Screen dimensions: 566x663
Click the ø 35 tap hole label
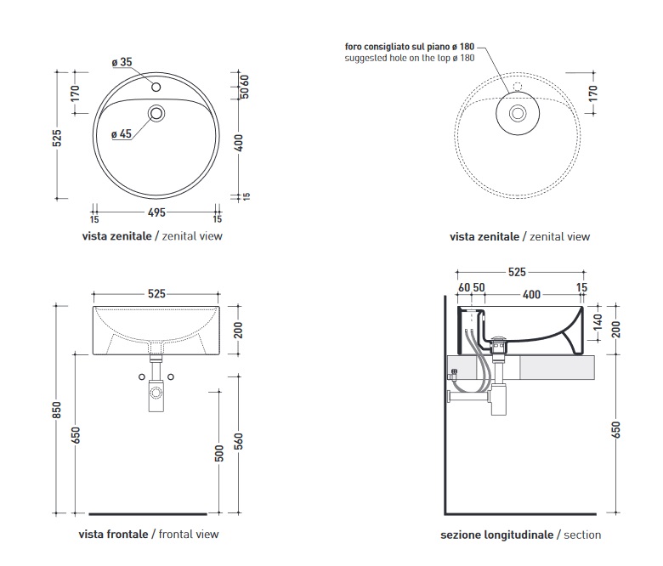pyautogui.click(x=122, y=62)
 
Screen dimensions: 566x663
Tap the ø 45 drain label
pyautogui.click(x=121, y=133)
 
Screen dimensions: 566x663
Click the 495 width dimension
pyautogui.click(x=156, y=212)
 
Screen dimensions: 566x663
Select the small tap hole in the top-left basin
pyautogui.click(x=156, y=87)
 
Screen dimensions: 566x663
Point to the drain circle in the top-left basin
pyautogui.click(x=156, y=113)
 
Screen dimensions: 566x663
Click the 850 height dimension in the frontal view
pyautogui.click(x=56, y=410)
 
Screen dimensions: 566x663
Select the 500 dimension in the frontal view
pyautogui.click(x=219, y=455)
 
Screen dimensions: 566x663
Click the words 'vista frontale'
pyautogui.click(x=113, y=535)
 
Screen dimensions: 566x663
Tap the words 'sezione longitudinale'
pyautogui.click(x=496, y=535)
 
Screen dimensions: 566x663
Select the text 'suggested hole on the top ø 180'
pyautogui.click(x=410, y=58)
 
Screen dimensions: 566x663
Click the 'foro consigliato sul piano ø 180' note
pyautogui.click(x=410, y=46)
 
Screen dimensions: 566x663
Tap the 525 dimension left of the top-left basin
pyautogui.click(x=57, y=138)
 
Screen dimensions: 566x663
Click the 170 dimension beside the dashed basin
pyautogui.click(x=593, y=92)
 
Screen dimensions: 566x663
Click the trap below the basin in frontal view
pyautogui.click(x=156, y=393)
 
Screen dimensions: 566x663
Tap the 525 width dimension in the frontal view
pyautogui.click(x=156, y=294)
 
